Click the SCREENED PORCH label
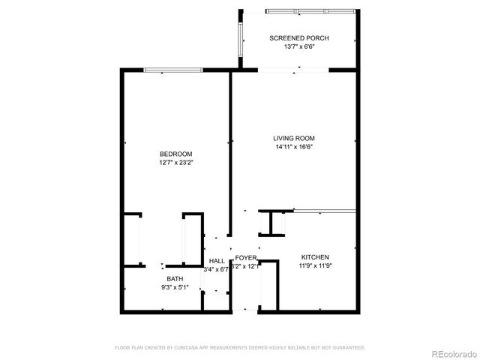click(299, 38)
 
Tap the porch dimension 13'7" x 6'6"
click(299, 47)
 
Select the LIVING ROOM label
click(293, 138)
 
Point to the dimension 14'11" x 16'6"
click(293, 147)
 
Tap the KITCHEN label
click(315, 256)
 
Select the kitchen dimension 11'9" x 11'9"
click(315, 265)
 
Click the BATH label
click(165, 279)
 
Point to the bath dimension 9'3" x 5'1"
click(165, 287)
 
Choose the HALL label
click(217, 260)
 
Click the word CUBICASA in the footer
click(199, 347)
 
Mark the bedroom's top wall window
click(173, 70)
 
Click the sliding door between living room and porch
click(293, 70)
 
